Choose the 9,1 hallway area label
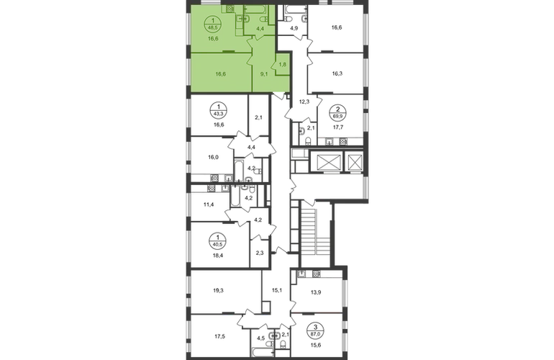[x=263, y=73]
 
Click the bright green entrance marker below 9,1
[x=279, y=92]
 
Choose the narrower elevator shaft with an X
[x=354, y=163]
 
